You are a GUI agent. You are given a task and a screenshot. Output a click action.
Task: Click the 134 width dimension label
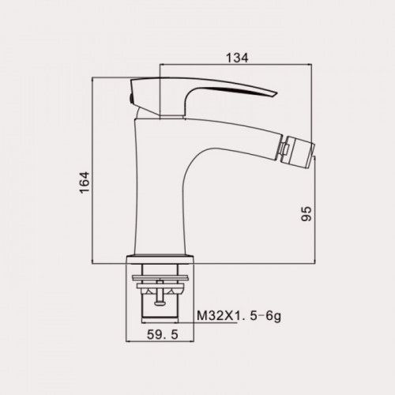point(237,58)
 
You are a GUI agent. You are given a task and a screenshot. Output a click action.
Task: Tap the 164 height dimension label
point(85,183)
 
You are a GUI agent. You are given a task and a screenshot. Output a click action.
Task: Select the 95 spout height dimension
point(307,214)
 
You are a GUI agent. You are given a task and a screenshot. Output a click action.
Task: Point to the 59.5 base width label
point(163,335)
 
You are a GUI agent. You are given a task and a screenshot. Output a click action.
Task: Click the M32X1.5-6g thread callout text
point(239,316)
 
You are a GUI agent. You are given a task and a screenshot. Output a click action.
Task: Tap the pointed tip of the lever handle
point(276,93)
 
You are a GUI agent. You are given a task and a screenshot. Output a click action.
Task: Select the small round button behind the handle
point(130,99)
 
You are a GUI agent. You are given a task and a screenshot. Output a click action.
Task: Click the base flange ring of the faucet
point(160,259)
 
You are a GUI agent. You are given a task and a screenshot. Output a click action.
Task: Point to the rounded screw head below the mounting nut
point(159,303)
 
